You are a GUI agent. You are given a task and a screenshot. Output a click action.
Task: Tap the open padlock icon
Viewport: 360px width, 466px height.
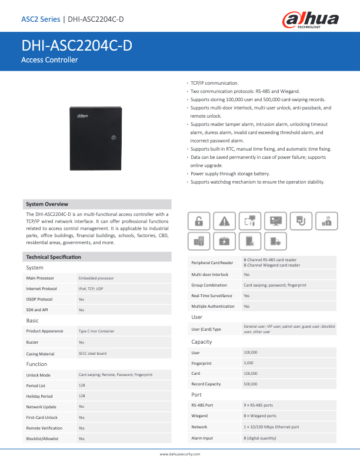[x=199, y=221]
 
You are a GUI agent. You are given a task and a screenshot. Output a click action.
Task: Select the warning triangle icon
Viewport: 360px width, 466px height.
[x=224, y=221]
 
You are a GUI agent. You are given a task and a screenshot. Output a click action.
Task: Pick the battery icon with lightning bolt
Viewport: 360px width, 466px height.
[x=224, y=241]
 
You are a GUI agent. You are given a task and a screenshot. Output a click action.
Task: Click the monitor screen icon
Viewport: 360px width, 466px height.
[x=275, y=221]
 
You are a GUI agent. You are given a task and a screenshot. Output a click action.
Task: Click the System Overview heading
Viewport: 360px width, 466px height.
[x=47, y=204]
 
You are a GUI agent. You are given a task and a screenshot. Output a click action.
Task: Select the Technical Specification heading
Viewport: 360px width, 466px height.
[x=54, y=257]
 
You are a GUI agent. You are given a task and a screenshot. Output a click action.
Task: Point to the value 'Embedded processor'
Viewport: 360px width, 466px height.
[x=96, y=278]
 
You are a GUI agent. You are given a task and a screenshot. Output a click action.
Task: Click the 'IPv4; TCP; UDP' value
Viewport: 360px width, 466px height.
[x=91, y=289]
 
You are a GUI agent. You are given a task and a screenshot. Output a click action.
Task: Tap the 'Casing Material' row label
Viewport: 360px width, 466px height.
[x=41, y=354]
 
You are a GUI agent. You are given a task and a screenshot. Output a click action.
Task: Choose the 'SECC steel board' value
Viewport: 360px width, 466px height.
[x=93, y=354]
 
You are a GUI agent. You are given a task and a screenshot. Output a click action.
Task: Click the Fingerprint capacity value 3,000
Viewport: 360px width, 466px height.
[x=249, y=363]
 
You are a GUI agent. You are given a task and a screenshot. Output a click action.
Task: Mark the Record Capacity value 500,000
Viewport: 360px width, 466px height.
[x=251, y=384]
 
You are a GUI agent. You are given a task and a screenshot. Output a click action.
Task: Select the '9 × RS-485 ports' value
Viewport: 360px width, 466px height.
[x=258, y=405]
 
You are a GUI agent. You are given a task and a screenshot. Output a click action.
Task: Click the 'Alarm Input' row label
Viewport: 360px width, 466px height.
[x=202, y=438]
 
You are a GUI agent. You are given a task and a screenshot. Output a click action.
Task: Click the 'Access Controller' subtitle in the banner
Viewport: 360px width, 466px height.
[x=49, y=60]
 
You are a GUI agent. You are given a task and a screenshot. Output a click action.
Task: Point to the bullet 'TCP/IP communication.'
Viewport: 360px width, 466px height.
[x=215, y=84]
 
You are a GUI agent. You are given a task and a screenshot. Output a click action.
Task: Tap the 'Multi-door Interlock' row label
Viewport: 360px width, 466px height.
[x=210, y=275]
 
